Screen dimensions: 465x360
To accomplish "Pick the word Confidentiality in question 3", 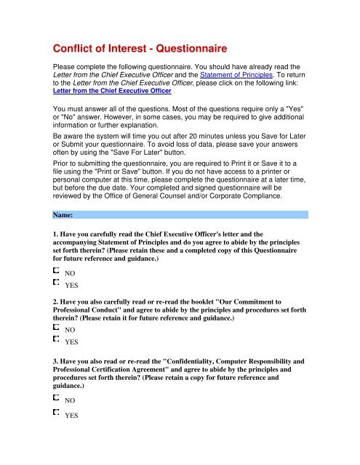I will (201, 357).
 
